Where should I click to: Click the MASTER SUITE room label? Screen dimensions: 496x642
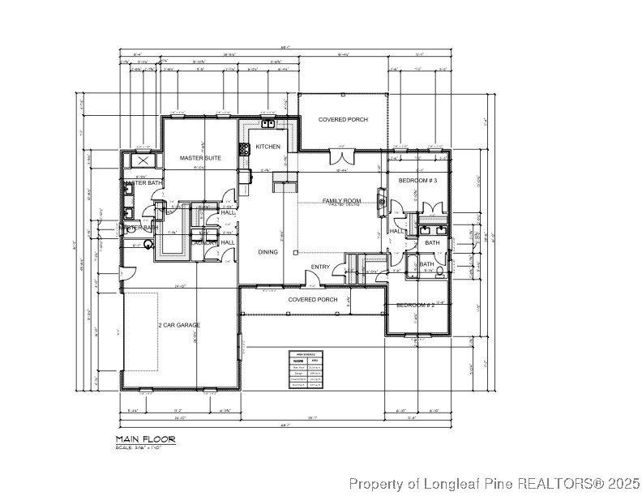click(200, 158)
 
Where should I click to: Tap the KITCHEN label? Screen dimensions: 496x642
click(268, 147)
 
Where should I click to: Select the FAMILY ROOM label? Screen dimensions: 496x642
click(341, 200)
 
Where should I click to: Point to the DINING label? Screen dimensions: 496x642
click(267, 252)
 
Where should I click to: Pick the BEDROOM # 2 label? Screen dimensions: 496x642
click(416, 306)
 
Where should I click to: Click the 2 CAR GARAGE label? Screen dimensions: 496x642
click(179, 325)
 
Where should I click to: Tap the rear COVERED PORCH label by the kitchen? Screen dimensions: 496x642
click(343, 120)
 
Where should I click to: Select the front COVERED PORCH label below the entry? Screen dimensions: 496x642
click(313, 300)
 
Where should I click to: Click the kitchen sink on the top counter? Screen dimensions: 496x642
click(268, 124)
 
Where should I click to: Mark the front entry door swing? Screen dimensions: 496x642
click(312, 281)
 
